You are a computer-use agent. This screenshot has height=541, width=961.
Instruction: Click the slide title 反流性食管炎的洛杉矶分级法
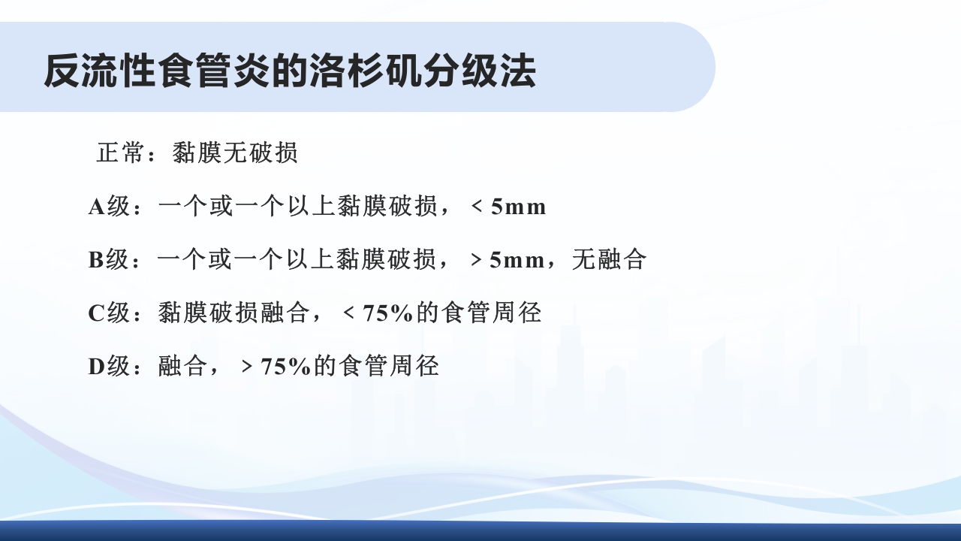290,71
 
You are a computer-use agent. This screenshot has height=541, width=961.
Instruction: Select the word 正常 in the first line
120,153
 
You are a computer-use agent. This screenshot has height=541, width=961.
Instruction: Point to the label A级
110,207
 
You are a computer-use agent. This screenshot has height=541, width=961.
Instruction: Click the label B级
109,260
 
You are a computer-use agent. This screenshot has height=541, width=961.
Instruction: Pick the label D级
110,367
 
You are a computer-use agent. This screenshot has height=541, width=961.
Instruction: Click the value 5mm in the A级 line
518,207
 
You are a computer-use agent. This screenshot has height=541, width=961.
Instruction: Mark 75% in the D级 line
286,367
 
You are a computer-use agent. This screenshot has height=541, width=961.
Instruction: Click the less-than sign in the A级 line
477,207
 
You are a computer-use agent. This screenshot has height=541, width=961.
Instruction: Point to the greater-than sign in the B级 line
476,260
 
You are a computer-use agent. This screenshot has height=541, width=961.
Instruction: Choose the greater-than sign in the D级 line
247,367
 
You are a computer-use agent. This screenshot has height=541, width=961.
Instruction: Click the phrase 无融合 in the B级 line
609,260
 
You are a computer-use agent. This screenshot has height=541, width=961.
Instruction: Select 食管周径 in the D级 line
388,367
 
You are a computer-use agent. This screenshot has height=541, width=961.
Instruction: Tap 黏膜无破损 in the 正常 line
235,153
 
